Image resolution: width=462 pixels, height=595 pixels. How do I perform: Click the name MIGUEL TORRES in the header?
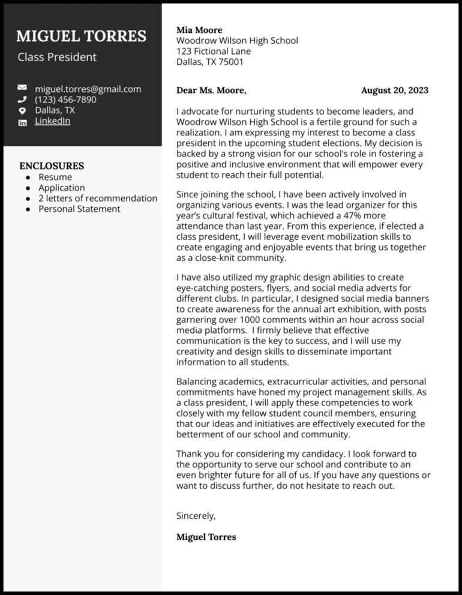pos(81,36)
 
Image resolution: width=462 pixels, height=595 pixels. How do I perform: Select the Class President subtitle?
pos(57,58)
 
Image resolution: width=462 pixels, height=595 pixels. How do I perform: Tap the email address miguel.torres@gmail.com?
pos(88,89)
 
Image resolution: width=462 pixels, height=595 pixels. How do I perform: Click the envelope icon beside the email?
pos(22,89)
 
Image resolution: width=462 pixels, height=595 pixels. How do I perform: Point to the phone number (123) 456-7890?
pos(65,100)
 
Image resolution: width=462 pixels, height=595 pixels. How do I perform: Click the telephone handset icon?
pos(22,100)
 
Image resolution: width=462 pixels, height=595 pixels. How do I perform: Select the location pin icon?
pos(22,110)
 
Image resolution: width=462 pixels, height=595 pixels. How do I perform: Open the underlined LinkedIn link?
pos(52,121)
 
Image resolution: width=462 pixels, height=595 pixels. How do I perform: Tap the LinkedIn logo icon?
pos(22,122)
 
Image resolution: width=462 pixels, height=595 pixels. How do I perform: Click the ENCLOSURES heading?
pos(52,166)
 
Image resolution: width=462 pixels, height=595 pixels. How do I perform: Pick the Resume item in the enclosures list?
pos(55,177)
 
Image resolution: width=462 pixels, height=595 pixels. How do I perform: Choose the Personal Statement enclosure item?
pos(79,209)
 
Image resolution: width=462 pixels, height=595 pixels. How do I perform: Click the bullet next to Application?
pos(28,188)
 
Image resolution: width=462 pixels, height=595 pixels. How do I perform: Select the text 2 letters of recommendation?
pos(98,198)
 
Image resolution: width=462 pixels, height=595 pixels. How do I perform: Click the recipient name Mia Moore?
pos(199,30)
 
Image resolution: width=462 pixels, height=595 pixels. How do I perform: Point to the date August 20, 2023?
pos(395,91)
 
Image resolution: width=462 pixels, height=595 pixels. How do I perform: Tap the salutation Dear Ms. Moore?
pos(211,91)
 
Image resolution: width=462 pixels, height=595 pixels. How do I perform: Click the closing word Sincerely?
pos(196,516)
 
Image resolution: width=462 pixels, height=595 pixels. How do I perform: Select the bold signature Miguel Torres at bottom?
pos(206,537)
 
